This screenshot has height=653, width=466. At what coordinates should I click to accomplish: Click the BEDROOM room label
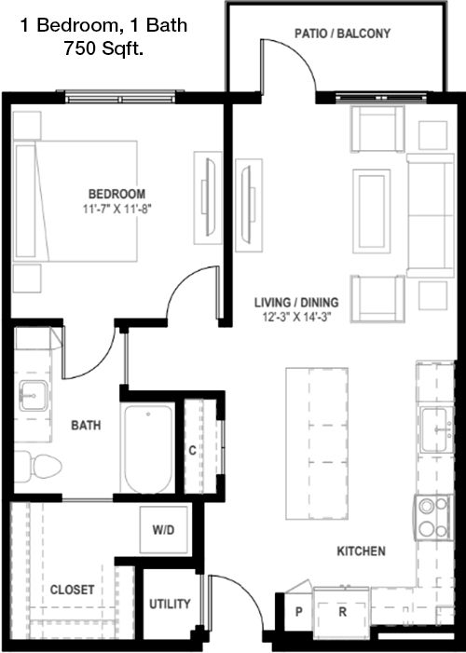pos(116,194)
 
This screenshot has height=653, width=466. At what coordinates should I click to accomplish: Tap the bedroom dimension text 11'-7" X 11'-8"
pos(116,209)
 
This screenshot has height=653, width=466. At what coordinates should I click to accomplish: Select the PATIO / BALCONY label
pos(343,34)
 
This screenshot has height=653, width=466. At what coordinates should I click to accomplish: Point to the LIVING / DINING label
pos(296,303)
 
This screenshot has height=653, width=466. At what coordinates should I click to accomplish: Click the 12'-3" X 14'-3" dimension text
pos(296,317)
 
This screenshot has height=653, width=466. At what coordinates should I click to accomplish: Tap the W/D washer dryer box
pos(163,530)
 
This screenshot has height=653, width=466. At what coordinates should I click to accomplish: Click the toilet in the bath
pos(38,466)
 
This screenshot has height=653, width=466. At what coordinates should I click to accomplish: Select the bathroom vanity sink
pos(34,396)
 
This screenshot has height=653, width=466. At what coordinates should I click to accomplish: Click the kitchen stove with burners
pos(433,518)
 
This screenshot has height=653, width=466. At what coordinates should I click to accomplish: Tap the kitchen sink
pos(436,429)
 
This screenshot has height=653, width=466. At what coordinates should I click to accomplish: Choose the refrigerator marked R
pos(342,611)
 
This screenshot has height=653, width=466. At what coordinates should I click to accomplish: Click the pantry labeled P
pos(299,611)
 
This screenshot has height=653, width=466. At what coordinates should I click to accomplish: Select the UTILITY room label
pos(170,604)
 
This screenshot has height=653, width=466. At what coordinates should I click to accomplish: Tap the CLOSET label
pos(72,590)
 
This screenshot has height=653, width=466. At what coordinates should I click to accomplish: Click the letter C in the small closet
pos(192,450)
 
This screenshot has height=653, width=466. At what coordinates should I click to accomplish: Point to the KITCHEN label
pos(361,551)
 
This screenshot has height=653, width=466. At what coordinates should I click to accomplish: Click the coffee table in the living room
pos(371,211)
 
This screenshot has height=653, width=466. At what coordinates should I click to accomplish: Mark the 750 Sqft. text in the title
pos(103,49)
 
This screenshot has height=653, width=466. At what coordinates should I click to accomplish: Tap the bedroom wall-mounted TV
pos(209,197)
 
